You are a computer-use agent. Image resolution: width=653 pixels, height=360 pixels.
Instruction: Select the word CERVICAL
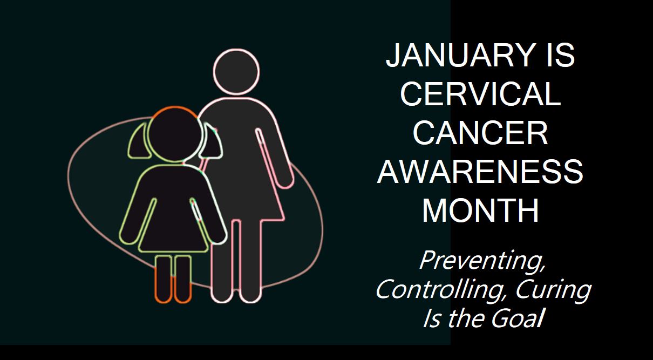(x=480, y=93)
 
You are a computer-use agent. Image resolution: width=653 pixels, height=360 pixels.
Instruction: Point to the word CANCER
(x=480, y=133)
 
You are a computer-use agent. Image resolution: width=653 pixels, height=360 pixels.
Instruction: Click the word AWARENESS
(x=480, y=172)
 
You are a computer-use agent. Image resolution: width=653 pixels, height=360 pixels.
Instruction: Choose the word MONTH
(x=480, y=210)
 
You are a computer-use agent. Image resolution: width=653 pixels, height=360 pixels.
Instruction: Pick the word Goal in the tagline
(x=518, y=318)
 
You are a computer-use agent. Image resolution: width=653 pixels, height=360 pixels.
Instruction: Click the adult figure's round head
(x=236, y=72)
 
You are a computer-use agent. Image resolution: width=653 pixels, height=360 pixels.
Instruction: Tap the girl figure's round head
(x=175, y=134)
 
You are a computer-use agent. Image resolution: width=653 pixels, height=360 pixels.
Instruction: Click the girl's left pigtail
(x=139, y=142)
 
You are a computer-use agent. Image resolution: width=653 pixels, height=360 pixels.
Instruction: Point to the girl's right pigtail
(x=211, y=142)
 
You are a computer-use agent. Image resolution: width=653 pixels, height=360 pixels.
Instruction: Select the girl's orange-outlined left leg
(x=163, y=279)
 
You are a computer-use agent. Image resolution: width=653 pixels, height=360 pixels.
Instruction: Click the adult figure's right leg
(x=250, y=261)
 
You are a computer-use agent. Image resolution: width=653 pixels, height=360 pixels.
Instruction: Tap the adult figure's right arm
(x=274, y=158)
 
